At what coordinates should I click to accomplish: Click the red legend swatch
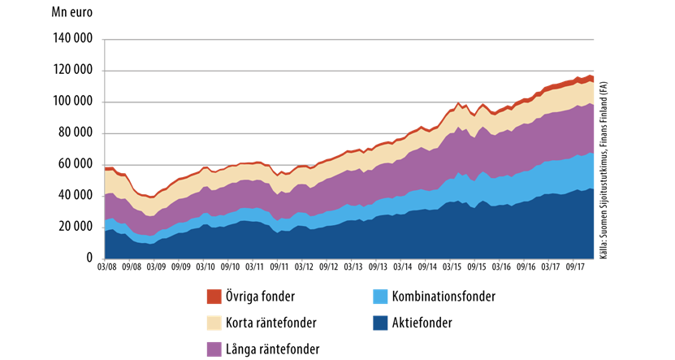214,297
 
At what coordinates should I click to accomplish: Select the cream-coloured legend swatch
214,323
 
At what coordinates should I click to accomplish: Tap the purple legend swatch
214,349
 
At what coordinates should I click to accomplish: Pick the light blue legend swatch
380,297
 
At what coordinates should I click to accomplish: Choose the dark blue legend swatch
380,323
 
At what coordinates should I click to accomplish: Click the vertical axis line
105,146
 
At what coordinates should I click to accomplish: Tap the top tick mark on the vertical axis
103,39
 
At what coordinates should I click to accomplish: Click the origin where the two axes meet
105,259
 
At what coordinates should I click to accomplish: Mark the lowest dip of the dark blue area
150,244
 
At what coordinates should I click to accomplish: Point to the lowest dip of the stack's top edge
151,196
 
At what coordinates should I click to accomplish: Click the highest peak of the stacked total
590,75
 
